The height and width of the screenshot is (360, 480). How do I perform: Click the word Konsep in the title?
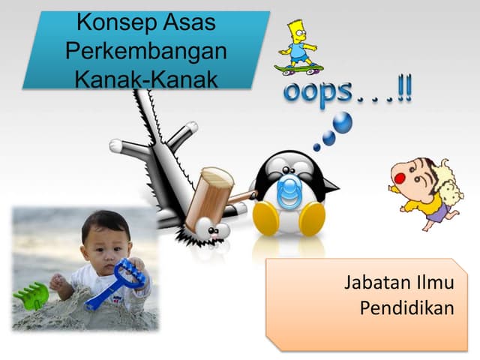115,23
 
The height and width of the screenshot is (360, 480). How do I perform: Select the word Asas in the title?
189,22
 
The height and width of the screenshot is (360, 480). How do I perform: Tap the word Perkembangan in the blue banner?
146,51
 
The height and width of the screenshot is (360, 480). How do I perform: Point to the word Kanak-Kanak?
146,79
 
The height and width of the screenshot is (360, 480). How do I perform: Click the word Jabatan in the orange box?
371,283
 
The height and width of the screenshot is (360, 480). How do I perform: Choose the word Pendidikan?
406,307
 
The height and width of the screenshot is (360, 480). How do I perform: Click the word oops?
316,91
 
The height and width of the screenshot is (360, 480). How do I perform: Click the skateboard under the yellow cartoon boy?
298,68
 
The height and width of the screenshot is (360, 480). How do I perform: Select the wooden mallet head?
209,198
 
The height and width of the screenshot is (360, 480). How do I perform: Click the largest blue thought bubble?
342,122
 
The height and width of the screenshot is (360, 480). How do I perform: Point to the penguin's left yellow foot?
265,217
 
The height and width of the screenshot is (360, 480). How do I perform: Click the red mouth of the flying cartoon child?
399,178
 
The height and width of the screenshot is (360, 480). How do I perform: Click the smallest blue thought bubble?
316,148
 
